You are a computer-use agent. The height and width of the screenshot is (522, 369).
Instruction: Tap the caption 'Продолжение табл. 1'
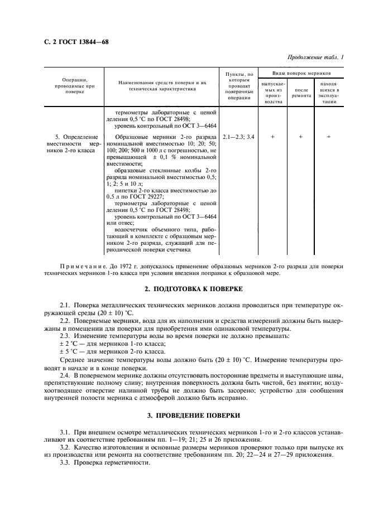click(315, 57)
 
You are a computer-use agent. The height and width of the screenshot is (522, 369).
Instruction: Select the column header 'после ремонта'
click(301, 93)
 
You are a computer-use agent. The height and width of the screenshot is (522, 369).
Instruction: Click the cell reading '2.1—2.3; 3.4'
click(238, 137)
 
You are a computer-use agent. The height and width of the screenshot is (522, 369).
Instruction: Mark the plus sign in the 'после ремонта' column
click(301, 137)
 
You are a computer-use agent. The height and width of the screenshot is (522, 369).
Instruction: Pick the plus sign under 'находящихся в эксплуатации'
click(329, 137)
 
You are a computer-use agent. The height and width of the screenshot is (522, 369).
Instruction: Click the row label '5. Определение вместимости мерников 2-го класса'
click(76, 143)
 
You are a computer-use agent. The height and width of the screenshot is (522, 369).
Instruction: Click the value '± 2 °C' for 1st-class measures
click(70, 345)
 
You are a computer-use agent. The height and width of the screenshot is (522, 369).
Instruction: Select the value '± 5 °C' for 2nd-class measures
click(70, 352)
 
